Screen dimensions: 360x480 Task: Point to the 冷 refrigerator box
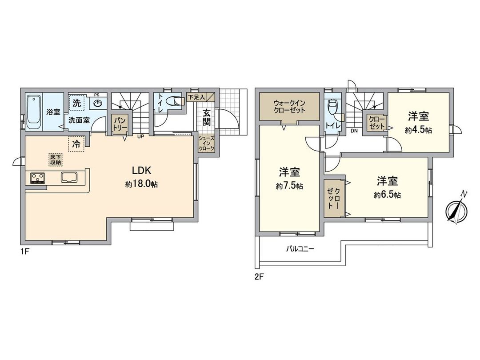point(76,144)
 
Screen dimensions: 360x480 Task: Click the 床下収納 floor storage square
point(56,160)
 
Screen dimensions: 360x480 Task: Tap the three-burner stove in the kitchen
point(38,178)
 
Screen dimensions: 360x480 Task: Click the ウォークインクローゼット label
point(289,107)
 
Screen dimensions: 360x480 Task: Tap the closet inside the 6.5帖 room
point(333,199)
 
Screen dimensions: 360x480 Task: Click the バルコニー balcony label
point(300,249)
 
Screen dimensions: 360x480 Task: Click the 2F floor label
point(259,276)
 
